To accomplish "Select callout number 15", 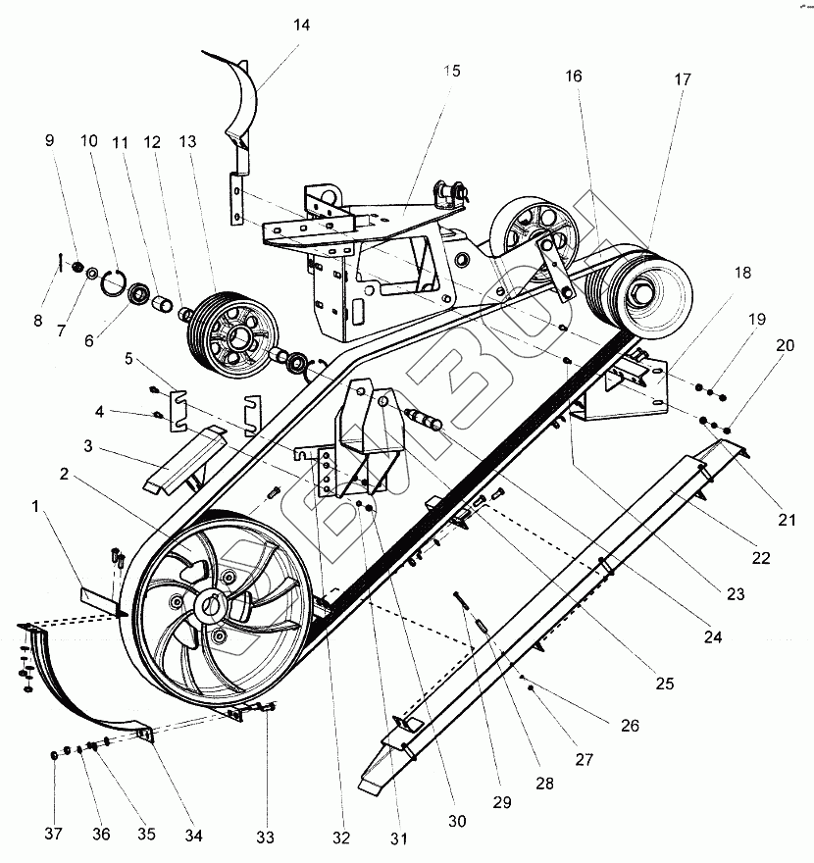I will tap(451, 72).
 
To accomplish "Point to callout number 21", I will tap(787, 520).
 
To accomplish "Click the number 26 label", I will tap(630, 727).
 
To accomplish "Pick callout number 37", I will tap(54, 835).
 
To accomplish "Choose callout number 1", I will tap(37, 507).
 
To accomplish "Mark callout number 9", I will tap(50, 140).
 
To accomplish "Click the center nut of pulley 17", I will tap(642, 291).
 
